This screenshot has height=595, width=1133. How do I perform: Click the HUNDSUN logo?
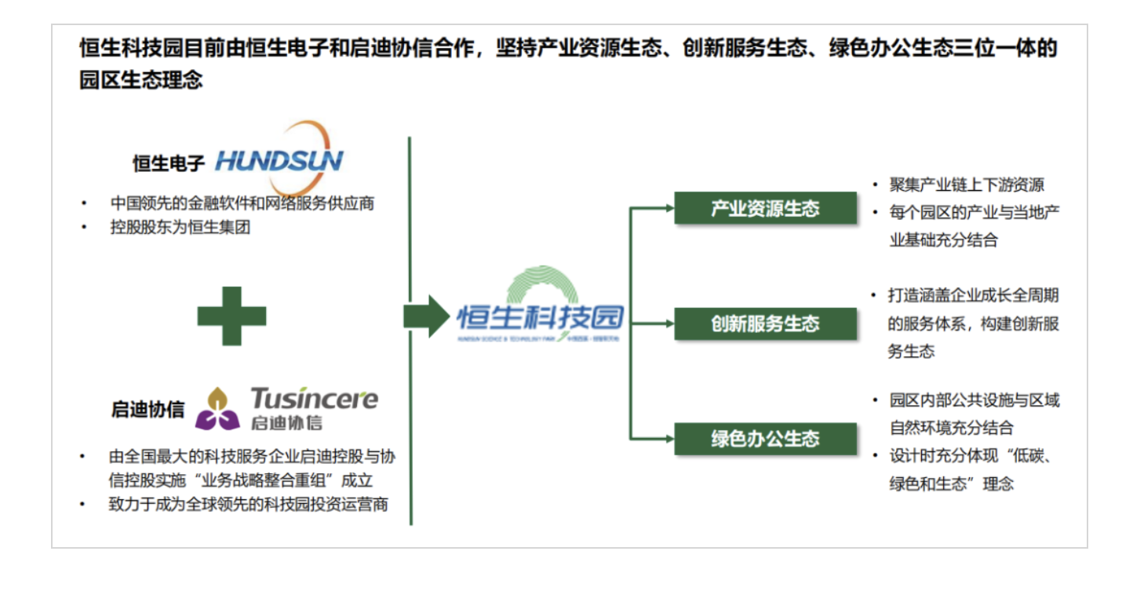pyautogui.click(x=279, y=160)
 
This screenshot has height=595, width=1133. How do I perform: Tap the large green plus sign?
pyautogui.click(x=231, y=316)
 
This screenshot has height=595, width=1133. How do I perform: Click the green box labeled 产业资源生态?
pyautogui.click(x=765, y=208)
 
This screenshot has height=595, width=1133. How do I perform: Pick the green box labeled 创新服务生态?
pyautogui.click(x=765, y=323)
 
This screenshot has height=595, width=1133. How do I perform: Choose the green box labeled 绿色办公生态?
pyautogui.click(x=765, y=438)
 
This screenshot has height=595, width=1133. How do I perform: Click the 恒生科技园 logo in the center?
pyautogui.click(x=541, y=314)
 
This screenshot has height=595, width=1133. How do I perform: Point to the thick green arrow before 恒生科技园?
pyautogui.click(x=425, y=316)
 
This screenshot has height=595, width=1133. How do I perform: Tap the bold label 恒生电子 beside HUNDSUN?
pyautogui.click(x=168, y=163)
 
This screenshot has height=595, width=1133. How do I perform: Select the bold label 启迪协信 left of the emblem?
pyautogui.click(x=148, y=410)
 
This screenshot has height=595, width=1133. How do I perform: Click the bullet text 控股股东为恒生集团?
pyautogui.click(x=180, y=229)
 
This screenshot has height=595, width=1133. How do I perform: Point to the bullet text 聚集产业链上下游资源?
pyautogui.click(x=967, y=185)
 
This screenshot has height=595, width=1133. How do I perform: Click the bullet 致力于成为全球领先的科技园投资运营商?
pyautogui.click(x=248, y=504)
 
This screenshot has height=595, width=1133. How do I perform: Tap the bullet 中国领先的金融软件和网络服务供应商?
pyautogui.click(x=242, y=203)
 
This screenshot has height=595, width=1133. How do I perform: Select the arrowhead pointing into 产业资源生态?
pyautogui.click(x=669, y=208)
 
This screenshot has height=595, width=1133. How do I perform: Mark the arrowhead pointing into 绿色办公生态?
pyautogui.click(x=669, y=438)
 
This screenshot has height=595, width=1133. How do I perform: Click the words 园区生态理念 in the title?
pyautogui.click(x=141, y=80)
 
